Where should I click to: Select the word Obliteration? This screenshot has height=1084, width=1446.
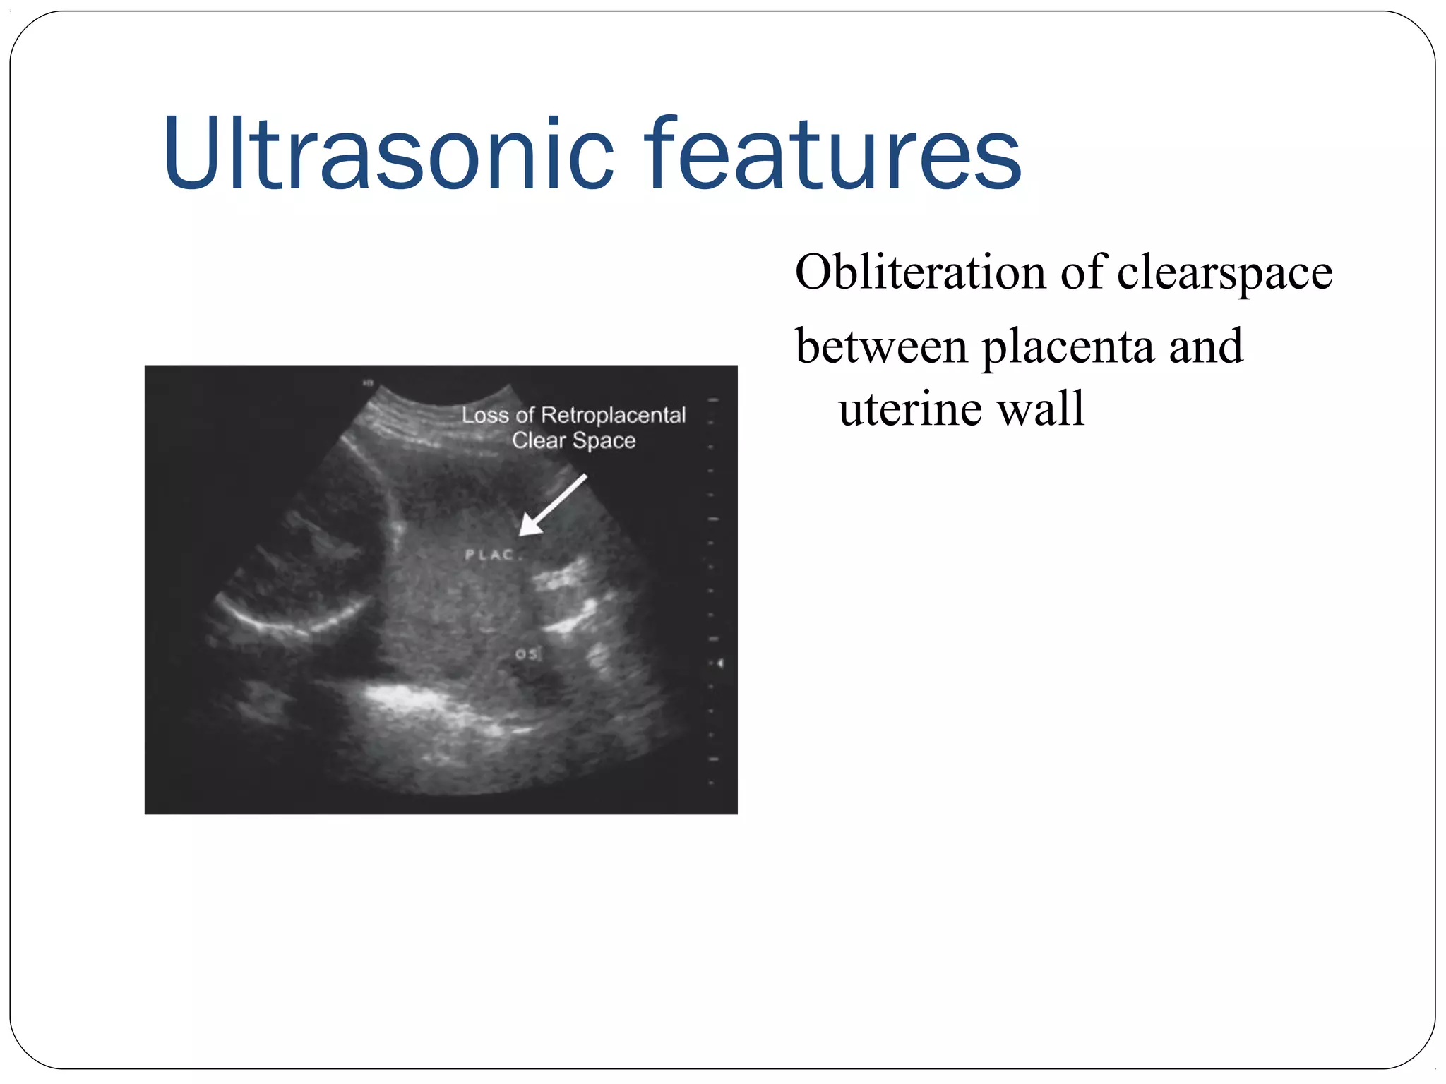(920, 272)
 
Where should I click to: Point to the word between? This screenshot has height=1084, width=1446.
(881, 347)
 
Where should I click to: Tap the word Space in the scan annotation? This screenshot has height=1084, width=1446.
(604, 441)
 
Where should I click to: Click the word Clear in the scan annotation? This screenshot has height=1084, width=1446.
(539, 441)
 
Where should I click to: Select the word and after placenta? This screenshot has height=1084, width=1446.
(1205, 347)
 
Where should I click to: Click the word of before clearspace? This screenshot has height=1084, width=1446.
(1081, 272)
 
